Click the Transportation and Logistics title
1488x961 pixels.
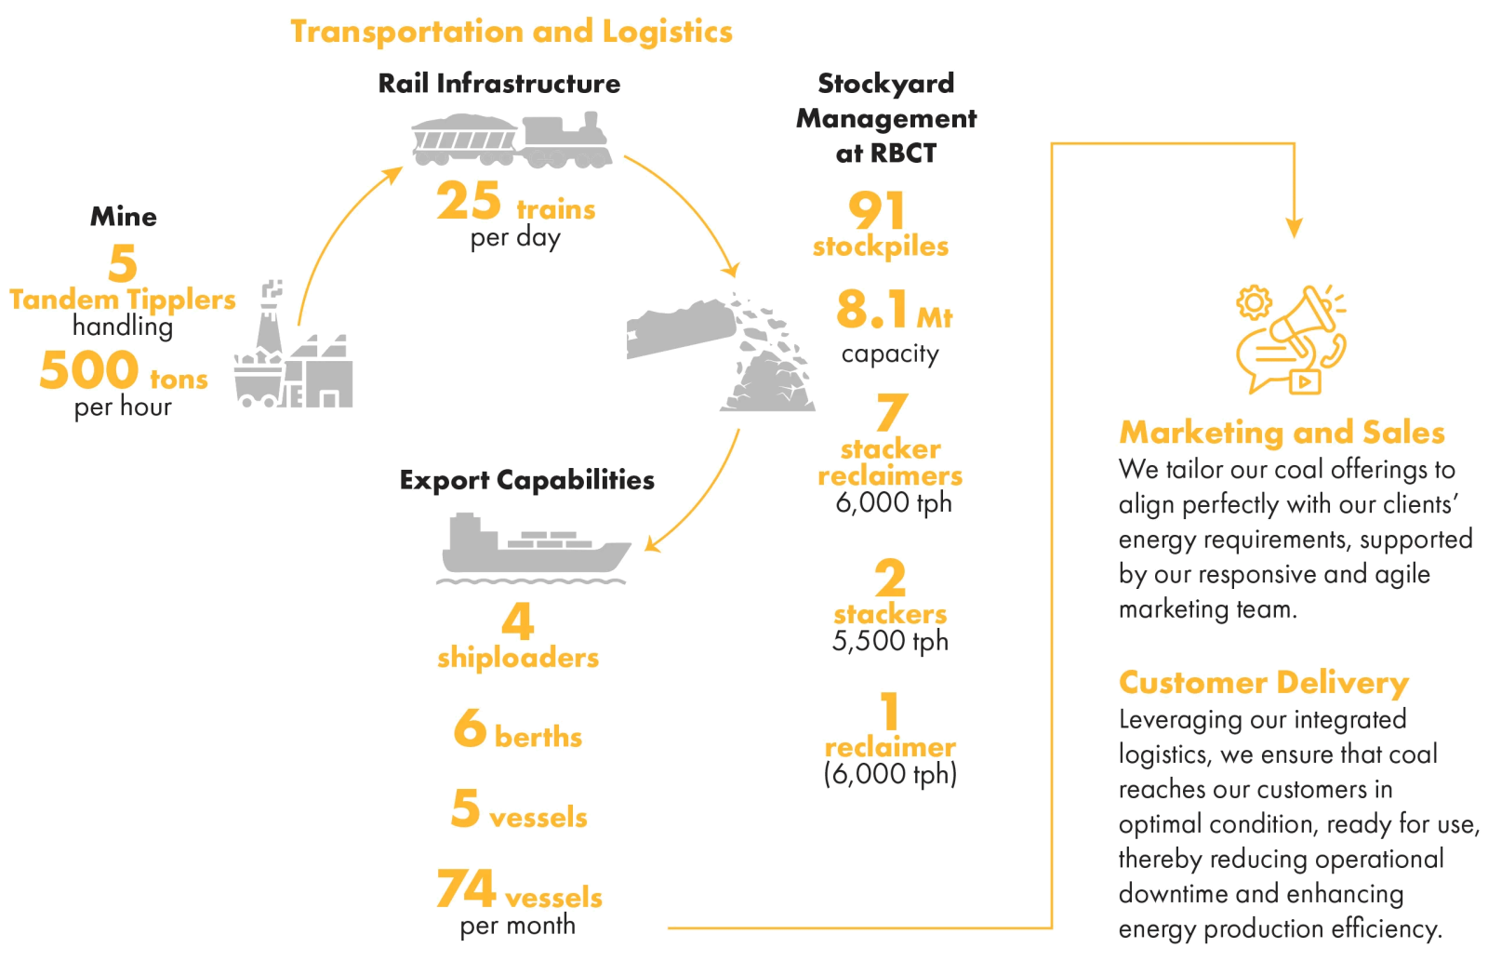(x=511, y=32)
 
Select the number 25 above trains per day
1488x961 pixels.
(x=469, y=201)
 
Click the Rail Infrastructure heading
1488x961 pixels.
(x=498, y=84)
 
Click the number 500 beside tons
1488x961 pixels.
(x=89, y=370)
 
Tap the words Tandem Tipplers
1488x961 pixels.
(x=123, y=300)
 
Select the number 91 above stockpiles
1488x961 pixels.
(x=877, y=210)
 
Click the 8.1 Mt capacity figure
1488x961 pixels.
(x=894, y=310)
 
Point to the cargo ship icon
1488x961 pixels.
(x=534, y=548)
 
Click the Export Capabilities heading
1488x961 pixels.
(x=526, y=480)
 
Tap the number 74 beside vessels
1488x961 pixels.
(x=466, y=888)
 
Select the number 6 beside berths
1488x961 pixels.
(x=471, y=728)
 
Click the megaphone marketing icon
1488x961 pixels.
(x=1291, y=340)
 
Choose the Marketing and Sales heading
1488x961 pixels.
(x=1282, y=433)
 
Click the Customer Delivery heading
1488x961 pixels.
(x=1264, y=683)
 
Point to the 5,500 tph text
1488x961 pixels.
(x=890, y=641)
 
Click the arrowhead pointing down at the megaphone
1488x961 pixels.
(x=1294, y=227)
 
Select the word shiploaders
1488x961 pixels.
(x=518, y=658)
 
